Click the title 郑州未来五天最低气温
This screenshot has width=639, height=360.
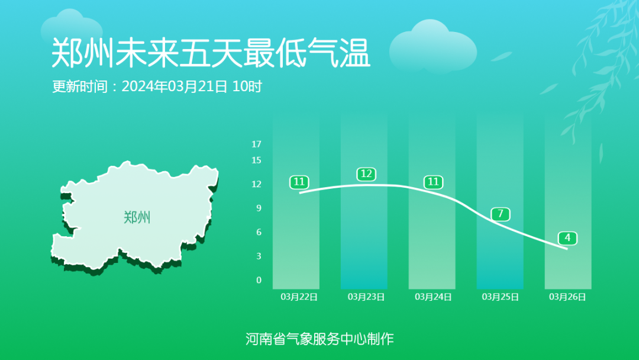click(211, 53)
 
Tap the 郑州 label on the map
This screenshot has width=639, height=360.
click(137, 217)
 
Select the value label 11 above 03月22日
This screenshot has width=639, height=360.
click(299, 182)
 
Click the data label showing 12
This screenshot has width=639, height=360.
click(366, 174)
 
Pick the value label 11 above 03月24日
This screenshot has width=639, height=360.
click(434, 182)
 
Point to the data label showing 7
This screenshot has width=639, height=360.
click(501, 214)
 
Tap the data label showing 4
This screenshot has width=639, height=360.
click(567, 238)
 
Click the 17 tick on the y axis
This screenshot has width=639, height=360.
click(256, 144)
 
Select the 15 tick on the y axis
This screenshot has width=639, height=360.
click(256, 160)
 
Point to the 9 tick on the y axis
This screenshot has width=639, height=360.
click(259, 208)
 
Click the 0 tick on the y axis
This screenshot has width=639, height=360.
click(259, 280)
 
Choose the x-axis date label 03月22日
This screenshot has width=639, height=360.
click(299, 297)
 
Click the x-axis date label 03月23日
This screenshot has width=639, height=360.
click(366, 297)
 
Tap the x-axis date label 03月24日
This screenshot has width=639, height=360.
click(434, 297)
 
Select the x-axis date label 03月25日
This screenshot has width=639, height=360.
click(501, 297)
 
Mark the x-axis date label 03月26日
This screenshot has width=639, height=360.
click(567, 297)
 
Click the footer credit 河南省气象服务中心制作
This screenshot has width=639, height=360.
click(319, 339)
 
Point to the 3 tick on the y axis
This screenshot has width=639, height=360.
click(259, 256)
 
